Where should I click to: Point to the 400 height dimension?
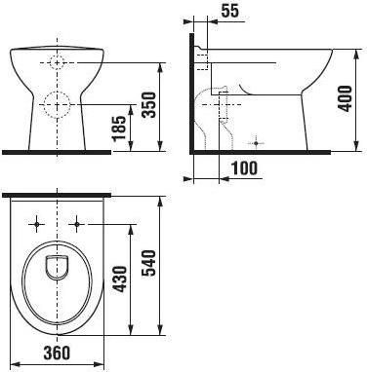pos(345,96)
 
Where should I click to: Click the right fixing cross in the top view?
pos(76,224)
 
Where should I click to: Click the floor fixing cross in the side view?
pos(256,135)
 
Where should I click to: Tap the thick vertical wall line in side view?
pos(191,93)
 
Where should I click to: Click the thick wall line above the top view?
pos(57,196)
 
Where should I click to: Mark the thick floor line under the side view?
pos(254,152)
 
